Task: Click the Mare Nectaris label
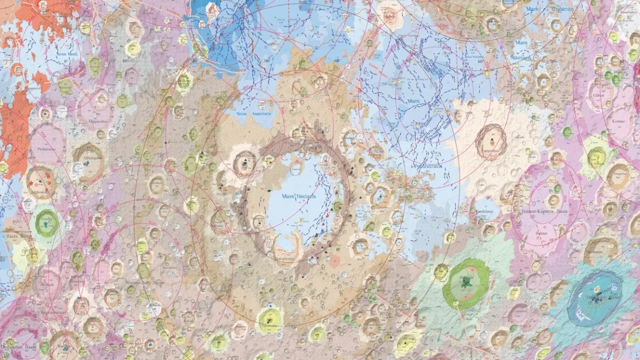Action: pyautogui.click(x=299, y=197)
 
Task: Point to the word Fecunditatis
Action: pyautogui.click(x=427, y=166)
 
